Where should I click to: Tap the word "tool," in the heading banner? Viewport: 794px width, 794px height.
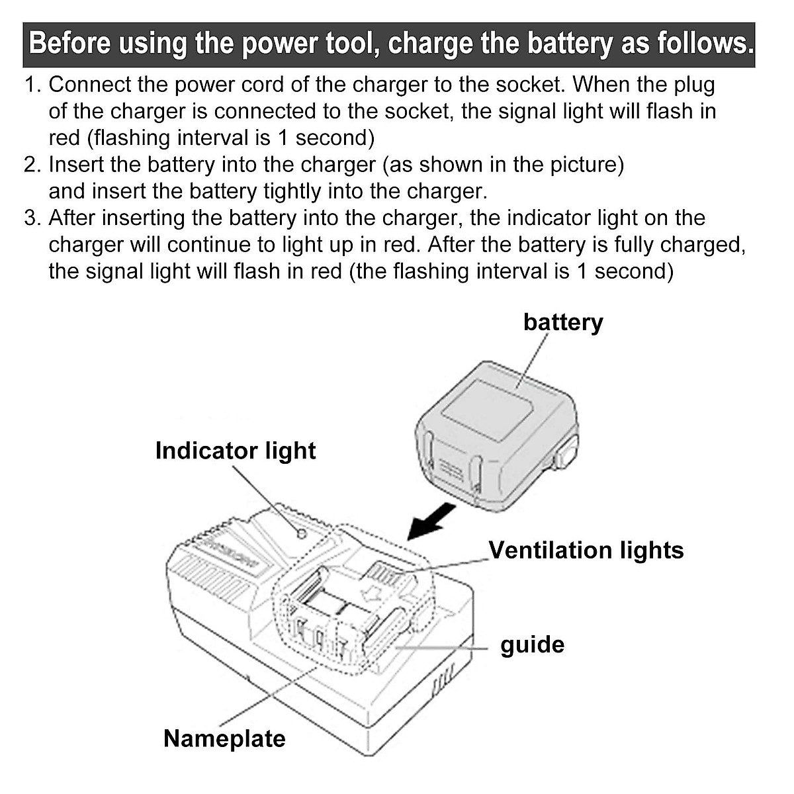[353, 44]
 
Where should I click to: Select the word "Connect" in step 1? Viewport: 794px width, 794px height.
[89, 85]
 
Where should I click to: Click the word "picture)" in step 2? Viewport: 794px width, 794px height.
[587, 165]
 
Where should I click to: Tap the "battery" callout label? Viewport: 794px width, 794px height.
[563, 322]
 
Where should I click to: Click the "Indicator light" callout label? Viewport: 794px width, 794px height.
[236, 451]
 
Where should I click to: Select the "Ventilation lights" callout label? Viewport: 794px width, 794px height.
[586, 550]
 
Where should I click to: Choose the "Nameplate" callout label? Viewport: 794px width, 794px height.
[224, 738]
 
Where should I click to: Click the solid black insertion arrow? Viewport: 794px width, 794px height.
[431, 521]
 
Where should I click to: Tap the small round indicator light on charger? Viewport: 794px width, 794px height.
[301, 533]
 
